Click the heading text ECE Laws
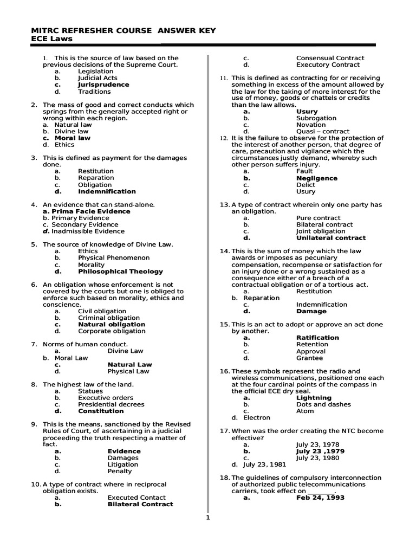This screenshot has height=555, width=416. (x=51, y=39)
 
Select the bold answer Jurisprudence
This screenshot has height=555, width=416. (x=103, y=85)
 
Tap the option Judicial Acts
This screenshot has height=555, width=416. (x=97, y=78)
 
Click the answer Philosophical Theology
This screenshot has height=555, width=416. (x=120, y=272)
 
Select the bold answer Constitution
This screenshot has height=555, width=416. (x=101, y=411)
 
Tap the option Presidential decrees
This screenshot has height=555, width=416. (x=111, y=404)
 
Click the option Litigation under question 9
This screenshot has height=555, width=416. (x=123, y=464)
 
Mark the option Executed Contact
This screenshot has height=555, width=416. (x=136, y=498)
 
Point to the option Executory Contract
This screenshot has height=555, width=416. (x=328, y=65)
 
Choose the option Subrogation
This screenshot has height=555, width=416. (x=316, y=118)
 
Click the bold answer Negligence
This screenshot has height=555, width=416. (x=317, y=178)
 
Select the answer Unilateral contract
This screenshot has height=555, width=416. (x=331, y=238)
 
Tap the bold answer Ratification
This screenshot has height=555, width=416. (x=317, y=338)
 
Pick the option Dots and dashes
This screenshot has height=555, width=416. (x=323, y=404)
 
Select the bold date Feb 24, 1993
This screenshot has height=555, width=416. (x=320, y=498)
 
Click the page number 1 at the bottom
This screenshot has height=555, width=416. (x=207, y=518)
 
